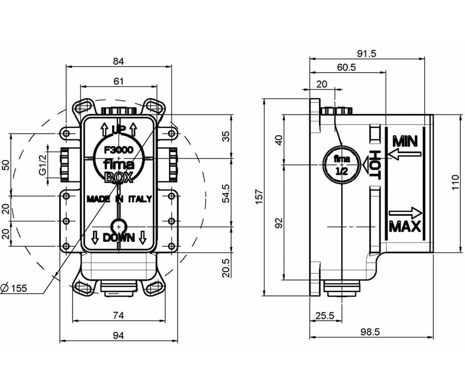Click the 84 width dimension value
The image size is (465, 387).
point(118,61)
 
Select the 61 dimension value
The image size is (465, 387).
point(119,81)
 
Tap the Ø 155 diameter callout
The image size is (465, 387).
point(14,288)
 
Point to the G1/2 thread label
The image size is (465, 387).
point(42,165)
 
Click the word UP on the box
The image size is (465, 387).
point(119,130)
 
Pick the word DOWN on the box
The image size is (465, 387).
point(119,238)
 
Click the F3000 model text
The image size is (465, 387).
point(119,150)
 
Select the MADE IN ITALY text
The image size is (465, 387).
point(119,199)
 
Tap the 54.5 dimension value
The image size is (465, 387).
point(226,193)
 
